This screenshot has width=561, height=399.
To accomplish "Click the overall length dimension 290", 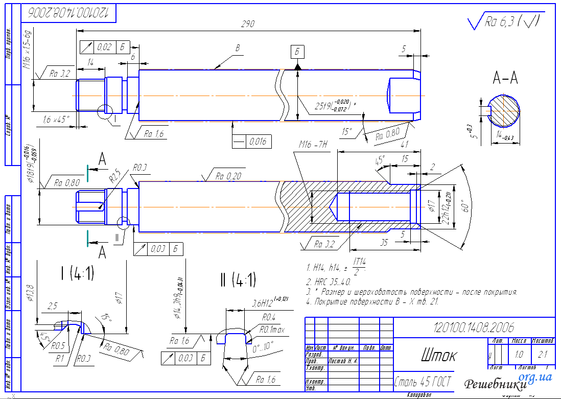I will pos(248,24).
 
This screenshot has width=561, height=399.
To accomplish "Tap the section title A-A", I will pos(505,78).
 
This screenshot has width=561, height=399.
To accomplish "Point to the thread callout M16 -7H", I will pos(313,146).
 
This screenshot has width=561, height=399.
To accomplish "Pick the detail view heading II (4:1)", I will pos(238,279).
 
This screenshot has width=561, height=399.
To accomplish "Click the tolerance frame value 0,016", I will pos(259,141).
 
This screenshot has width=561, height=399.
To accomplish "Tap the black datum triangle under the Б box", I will pos(297,66).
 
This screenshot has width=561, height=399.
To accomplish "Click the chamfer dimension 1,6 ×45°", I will pos(57,120).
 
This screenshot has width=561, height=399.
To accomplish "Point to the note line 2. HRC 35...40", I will pos(328,281).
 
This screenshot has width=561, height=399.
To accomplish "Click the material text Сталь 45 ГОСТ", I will pos(423,382).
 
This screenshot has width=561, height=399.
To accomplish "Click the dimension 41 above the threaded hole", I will pos(406,145).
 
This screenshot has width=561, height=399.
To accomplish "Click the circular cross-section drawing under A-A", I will pos(504,111).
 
